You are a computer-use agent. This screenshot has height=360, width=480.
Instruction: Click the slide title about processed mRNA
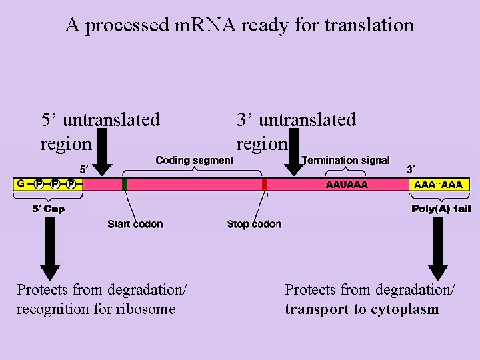click(239, 25)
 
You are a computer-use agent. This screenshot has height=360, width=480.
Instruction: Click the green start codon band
click(125, 184)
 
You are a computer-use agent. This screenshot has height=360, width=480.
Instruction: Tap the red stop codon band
click(265, 184)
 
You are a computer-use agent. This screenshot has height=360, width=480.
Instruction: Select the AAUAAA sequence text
click(346, 184)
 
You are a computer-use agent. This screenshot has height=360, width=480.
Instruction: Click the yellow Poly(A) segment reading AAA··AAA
click(438, 184)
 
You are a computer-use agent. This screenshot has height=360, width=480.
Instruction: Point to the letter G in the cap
click(21, 183)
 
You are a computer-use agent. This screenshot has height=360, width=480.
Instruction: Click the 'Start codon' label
click(135, 224)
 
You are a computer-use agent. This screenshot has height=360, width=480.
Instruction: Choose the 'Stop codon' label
click(254, 224)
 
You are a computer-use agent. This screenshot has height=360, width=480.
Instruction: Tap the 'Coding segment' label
click(194, 160)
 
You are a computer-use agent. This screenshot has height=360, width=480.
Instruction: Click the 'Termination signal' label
click(345, 160)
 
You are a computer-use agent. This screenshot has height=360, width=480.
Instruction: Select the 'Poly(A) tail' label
click(441, 209)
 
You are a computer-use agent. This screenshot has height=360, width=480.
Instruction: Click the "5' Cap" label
click(49, 209)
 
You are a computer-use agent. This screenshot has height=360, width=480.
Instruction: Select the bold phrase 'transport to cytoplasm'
click(362, 309)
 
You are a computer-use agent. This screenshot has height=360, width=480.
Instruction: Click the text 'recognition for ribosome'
click(96, 309)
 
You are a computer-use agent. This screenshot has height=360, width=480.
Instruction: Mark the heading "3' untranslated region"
click(296, 131)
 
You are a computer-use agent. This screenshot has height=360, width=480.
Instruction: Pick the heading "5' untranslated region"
click(100, 131)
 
